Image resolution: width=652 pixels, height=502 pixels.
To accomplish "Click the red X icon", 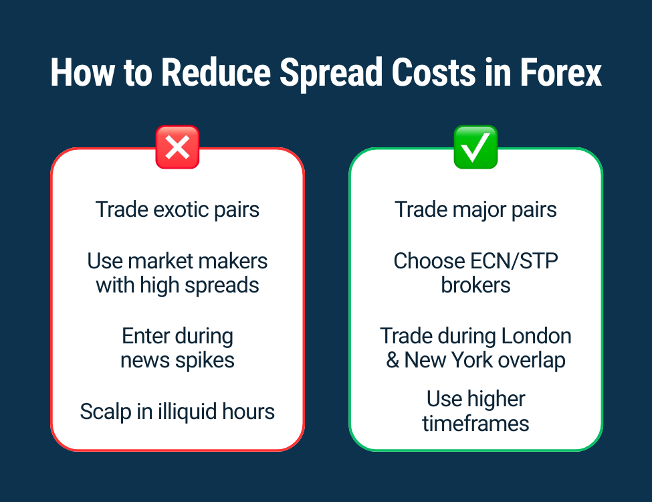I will click(x=177, y=147).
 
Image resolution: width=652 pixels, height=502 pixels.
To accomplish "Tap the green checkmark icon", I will click(x=475, y=147).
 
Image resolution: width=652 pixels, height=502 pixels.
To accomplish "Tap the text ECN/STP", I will click(x=518, y=260).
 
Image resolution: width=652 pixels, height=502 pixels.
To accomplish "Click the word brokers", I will click(x=475, y=285).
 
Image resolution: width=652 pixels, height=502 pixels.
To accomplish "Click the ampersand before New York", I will click(x=393, y=360).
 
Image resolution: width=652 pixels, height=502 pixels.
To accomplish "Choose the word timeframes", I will click(x=475, y=424).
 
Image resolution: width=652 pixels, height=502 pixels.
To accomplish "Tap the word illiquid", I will click(x=189, y=411).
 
